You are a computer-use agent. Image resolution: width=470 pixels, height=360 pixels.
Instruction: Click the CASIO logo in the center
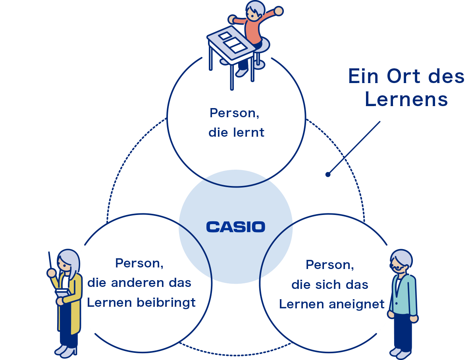point(236,227)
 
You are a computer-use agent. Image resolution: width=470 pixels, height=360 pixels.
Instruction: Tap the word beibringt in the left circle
point(166,303)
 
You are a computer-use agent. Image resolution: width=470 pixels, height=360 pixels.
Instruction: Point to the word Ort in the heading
point(403,76)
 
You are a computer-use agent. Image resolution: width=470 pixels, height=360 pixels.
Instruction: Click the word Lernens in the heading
point(406,99)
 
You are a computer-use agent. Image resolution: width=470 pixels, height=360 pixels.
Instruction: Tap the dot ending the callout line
point(328,174)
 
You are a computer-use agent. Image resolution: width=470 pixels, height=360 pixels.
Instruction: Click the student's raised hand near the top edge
point(279,11)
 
